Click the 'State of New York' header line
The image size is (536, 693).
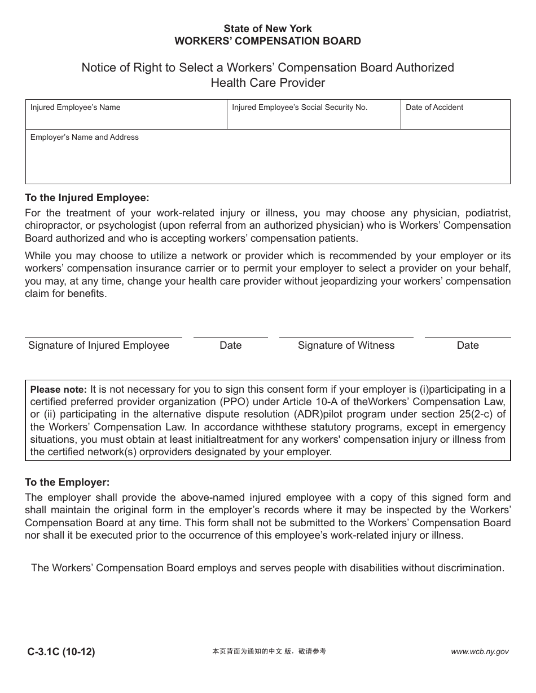click(x=267, y=28)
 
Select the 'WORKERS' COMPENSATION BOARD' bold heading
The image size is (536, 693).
click(x=267, y=41)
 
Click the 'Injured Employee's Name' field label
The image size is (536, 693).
click(x=75, y=107)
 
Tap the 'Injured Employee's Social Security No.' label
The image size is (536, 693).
click(x=300, y=107)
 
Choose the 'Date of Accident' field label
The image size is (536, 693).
click(x=434, y=107)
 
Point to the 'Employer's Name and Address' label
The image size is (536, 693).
click(x=84, y=137)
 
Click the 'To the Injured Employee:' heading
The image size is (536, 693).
click(x=87, y=198)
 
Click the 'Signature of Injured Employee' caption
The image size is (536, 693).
click(x=99, y=345)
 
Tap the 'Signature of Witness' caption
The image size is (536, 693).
click(x=346, y=345)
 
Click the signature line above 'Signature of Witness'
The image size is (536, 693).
click(x=346, y=337)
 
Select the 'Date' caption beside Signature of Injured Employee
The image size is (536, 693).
click(x=230, y=345)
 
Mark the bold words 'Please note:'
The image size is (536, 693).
click(x=58, y=389)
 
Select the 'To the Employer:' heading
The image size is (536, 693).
click(x=67, y=482)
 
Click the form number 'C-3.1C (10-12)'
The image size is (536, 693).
click(x=61, y=652)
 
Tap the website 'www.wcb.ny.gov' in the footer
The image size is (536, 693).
click(x=480, y=652)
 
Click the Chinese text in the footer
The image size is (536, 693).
click(x=269, y=651)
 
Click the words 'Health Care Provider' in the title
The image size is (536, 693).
click(x=267, y=83)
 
